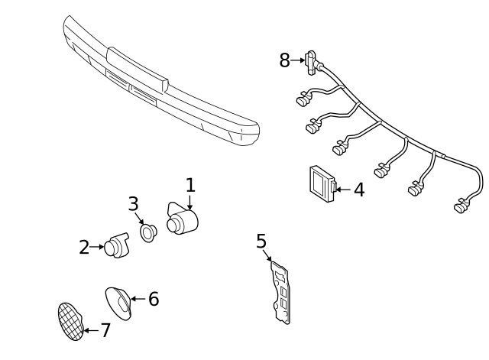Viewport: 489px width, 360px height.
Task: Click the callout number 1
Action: click(x=190, y=185)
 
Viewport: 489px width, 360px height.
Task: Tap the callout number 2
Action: click(x=84, y=247)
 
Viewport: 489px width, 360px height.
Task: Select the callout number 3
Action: click(x=134, y=204)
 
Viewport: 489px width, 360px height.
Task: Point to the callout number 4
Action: click(x=358, y=190)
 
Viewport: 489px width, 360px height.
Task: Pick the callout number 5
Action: click(x=261, y=242)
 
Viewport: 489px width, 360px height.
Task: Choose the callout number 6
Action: click(x=153, y=299)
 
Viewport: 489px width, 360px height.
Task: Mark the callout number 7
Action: click(x=105, y=331)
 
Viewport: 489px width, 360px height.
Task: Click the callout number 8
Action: click(x=285, y=60)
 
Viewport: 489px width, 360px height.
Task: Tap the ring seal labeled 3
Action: click(x=147, y=230)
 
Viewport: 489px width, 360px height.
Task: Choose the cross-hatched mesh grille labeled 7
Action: click(x=70, y=322)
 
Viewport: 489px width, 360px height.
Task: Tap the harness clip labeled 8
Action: click(x=313, y=60)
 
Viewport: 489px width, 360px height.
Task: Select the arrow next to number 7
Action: click(x=89, y=331)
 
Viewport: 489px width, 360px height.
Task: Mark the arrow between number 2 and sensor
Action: click(x=98, y=247)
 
